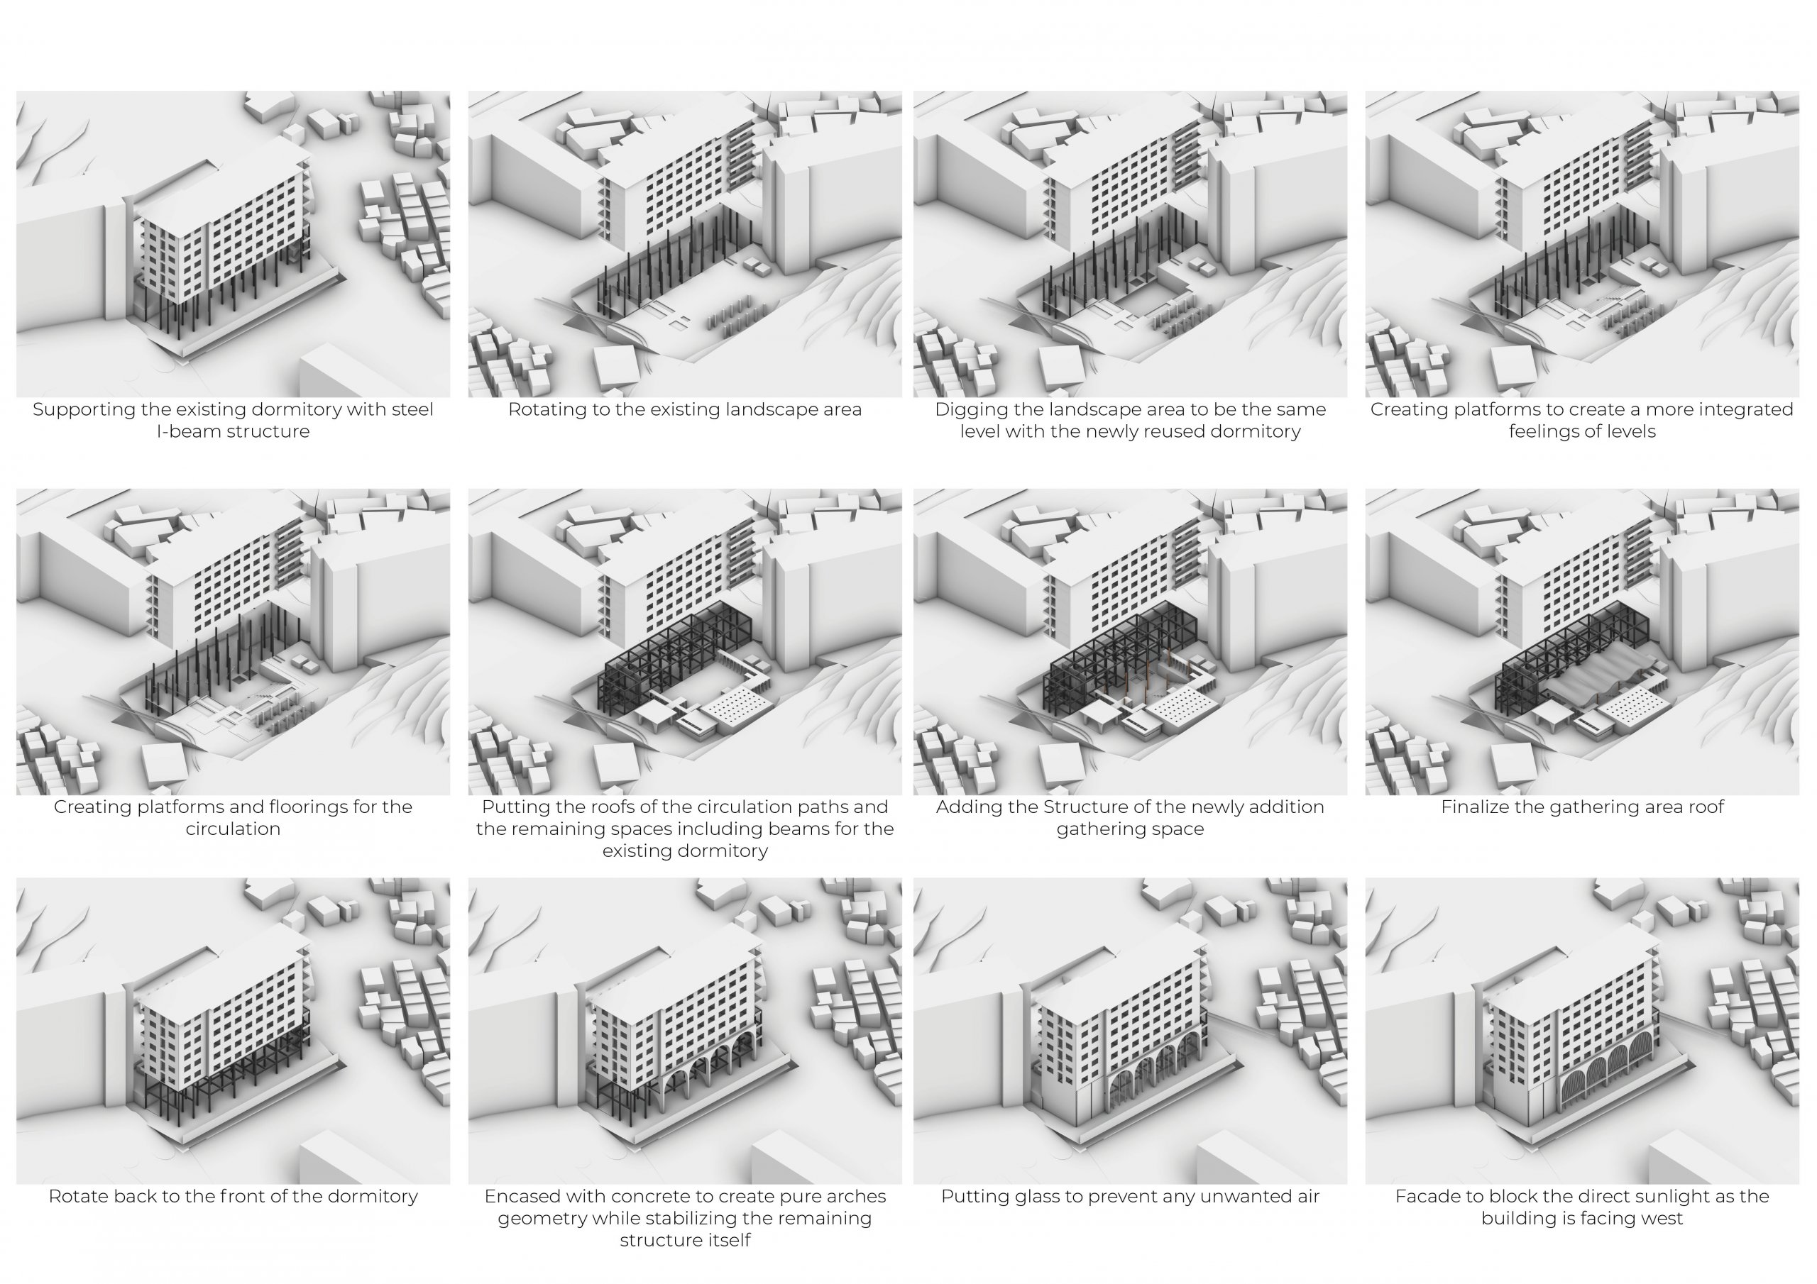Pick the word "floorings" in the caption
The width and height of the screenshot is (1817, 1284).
[312, 808]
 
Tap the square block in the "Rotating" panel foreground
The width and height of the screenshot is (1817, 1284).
[615, 368]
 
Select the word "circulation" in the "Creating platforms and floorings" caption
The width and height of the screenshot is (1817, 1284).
[233, 829]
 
